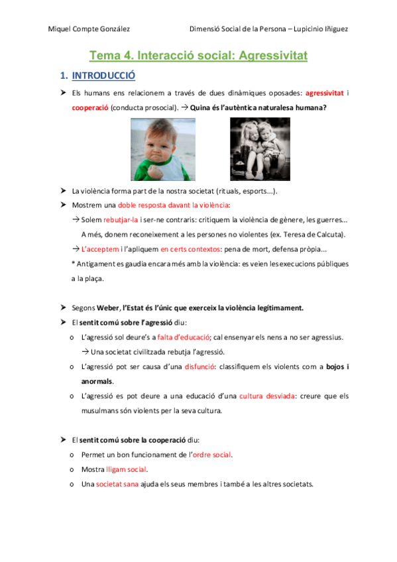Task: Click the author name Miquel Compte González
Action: (x=89, y=28)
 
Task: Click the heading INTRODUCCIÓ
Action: (x=103, y=76)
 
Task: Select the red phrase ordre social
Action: (x=211, y=455)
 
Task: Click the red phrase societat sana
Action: (x=117, y=484)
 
